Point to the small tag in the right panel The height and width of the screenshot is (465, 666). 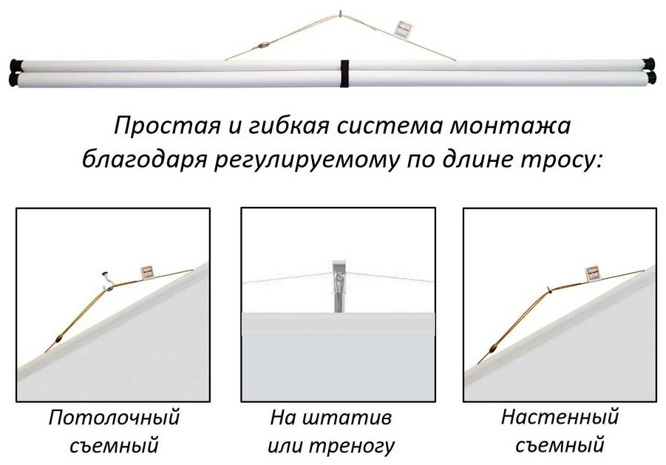point(593,273)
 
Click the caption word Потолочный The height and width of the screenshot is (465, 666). point(115,417)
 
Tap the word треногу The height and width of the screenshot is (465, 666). point(359,446)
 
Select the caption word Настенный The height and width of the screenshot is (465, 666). point(560,416)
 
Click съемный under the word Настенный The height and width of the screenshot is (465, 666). point(560,446)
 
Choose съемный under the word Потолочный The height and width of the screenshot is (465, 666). point(115,446)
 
